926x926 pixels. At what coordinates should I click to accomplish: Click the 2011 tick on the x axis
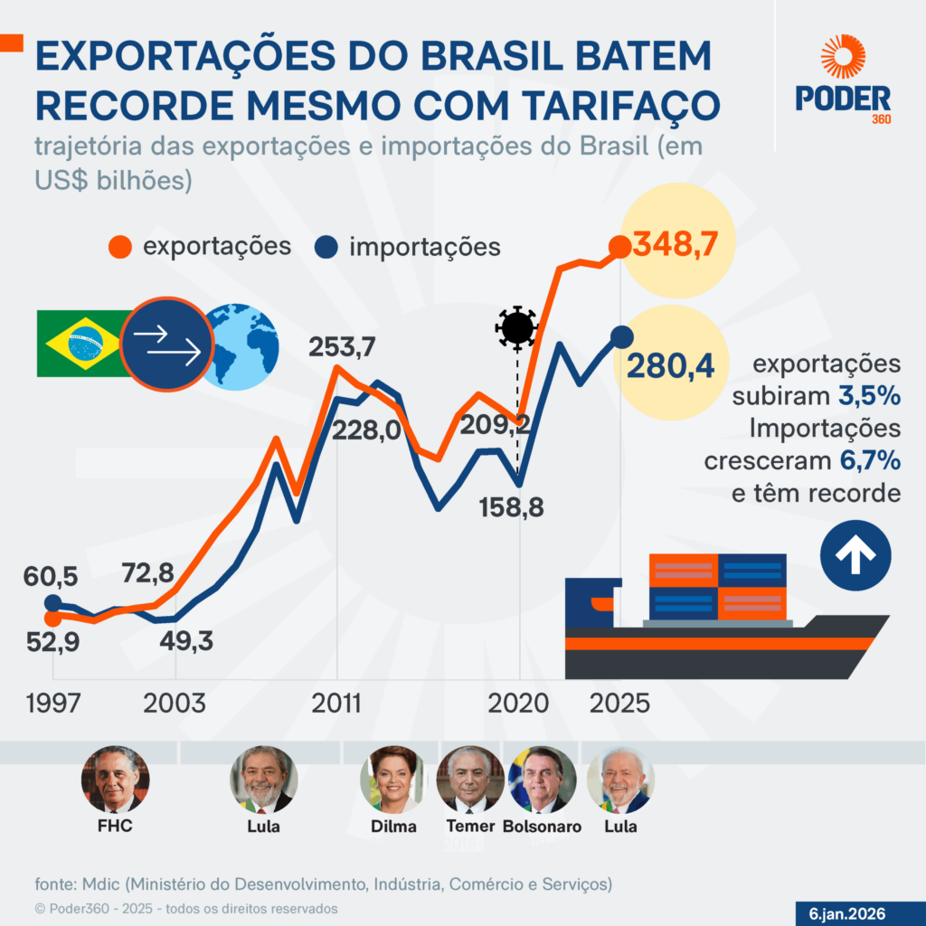pos(337,704)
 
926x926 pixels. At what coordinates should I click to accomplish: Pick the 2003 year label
pos(175,704)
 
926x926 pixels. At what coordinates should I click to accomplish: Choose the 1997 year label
pos(53,704)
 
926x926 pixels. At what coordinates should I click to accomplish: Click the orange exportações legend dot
pos(119,247)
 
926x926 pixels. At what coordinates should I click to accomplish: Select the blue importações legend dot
pos(326,247)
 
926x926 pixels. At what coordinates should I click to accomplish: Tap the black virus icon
pos(517,327)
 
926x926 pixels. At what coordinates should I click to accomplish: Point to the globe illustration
pos(241,347)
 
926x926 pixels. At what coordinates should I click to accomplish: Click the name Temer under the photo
pos(470,826)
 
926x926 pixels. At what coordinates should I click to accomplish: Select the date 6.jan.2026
pos(847,912)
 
